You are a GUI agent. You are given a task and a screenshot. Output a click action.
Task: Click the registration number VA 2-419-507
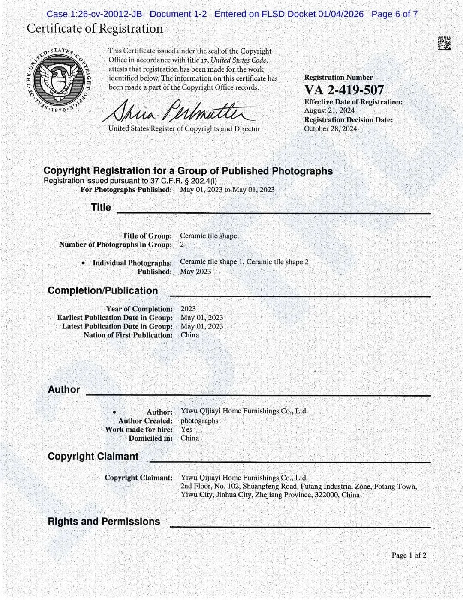coord(344,90)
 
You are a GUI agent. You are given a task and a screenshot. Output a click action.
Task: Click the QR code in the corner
coord(444,43)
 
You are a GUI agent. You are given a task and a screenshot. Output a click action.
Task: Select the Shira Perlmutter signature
coord(178,111)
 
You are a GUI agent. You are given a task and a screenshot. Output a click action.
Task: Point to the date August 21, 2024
coord(329,110)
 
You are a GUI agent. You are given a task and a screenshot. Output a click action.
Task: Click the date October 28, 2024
coord(331,128)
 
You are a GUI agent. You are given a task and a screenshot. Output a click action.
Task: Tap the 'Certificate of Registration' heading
coord(95,29)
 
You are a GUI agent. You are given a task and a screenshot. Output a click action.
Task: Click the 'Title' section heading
coord(101,208)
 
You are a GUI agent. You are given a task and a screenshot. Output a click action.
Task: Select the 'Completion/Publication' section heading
coord(103,291)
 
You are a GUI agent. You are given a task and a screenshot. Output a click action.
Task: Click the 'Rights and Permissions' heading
coord(104,522)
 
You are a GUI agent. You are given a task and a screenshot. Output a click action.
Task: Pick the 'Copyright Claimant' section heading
coord(93,457)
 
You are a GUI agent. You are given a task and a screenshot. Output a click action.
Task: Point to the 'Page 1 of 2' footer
coord(409,555)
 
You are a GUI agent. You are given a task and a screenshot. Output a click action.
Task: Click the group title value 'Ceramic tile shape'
coord(208,236)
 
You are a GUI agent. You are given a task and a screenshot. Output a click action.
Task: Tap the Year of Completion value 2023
coord(188,309)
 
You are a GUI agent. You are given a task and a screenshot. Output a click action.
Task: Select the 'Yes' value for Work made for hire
coord(186,429)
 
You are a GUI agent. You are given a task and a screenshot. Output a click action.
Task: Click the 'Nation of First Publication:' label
coord(128,335)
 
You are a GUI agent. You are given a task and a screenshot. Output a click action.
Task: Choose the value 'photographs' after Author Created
coord(199,421)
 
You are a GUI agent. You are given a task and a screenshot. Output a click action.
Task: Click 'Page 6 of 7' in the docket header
coord(394,14)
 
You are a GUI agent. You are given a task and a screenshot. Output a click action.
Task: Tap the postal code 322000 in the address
coord(326,495)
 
